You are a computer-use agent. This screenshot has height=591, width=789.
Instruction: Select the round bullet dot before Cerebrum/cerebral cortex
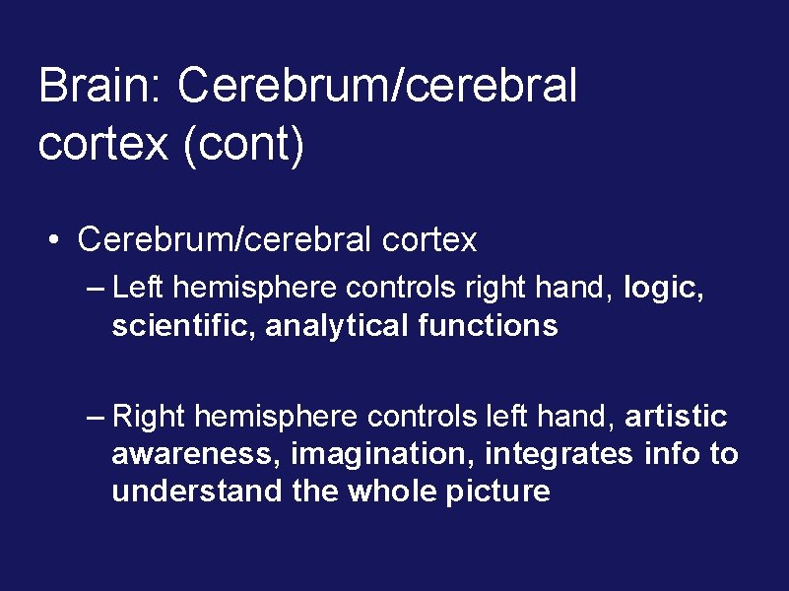click(x=60, y=240)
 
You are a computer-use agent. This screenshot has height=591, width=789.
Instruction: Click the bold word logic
click(x=665, y=290)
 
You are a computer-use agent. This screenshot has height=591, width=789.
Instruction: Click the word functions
click(x=488, y=325)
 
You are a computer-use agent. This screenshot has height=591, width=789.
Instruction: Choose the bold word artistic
click(x=676, y=417)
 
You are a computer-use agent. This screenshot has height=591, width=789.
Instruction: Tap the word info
click(x=671, y=454)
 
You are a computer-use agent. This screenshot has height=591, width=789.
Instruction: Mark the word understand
click(x=197, y=491)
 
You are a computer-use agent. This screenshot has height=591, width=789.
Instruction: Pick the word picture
click(x=498, y=491)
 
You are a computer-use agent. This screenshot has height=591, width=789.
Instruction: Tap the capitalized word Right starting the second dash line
click(x=149, y=417)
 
